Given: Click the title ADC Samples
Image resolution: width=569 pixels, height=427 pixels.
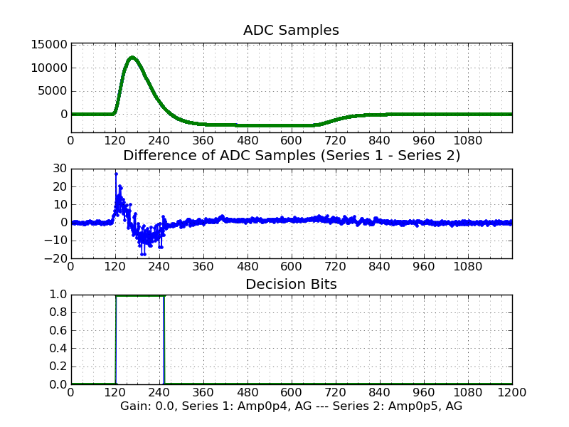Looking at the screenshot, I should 291,30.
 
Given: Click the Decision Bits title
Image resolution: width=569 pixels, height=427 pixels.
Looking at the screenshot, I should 291,284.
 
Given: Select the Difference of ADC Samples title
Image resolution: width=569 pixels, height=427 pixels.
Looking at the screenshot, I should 292,156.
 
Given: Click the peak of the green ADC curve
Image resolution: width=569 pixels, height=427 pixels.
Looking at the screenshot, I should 132,57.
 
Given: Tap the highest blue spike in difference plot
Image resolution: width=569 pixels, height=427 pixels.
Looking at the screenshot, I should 116,174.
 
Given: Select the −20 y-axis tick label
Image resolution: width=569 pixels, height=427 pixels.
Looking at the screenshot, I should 56,258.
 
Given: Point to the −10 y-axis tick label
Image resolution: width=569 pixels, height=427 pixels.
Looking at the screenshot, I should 56,240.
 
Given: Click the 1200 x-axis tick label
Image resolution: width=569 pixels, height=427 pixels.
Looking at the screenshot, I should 511,392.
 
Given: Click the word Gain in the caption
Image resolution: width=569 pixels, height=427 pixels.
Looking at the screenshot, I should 135,406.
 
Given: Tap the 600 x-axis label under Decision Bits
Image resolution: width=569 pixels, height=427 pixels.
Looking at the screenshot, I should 291,392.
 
